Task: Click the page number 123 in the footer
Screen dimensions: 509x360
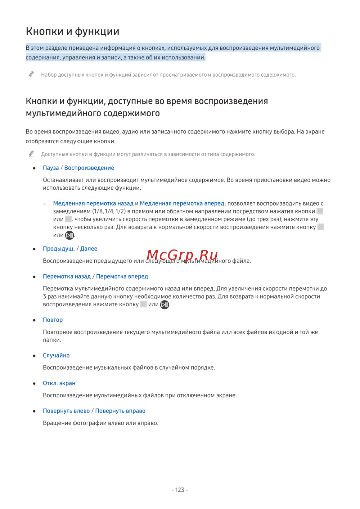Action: [x=180, y=490]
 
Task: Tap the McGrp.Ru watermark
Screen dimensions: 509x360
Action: [x=182, y=255]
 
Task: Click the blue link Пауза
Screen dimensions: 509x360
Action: [x=51, y=168]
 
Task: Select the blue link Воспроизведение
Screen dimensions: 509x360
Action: [x=89, y=168]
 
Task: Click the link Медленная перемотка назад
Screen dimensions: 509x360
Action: [x=93, y=203]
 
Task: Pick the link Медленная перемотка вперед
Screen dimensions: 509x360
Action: [x=182, y=203]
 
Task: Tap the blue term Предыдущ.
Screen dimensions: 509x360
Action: [x=59, y=249]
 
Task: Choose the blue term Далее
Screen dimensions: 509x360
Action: [x=89, y=249]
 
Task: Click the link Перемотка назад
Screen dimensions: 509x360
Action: [x=67, y=276]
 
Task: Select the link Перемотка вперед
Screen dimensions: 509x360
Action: [x=122, y=276]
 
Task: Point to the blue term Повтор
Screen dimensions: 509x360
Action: [x=53, y=320]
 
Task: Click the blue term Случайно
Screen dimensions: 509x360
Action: [x=56, y=356]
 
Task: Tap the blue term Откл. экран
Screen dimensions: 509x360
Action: [x=59, y=383]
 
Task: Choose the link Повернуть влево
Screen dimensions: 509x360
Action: [x=66, y=411]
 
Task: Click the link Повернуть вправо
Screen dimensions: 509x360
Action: [x=120, y=411]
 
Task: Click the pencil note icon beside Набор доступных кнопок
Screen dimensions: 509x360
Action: [x=31, y=74]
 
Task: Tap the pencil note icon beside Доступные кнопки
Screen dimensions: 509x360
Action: [x=31, y=154]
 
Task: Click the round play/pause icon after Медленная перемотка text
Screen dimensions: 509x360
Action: [x=69, y=235]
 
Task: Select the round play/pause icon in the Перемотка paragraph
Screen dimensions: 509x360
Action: [x=165, y=305]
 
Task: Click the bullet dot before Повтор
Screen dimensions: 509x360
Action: [x=34, y=320]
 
